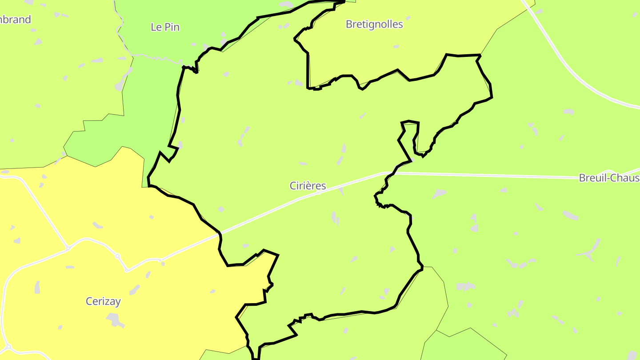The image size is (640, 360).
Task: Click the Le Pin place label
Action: click(x=165, y=27)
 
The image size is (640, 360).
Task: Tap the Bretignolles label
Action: click(x=374, y=24)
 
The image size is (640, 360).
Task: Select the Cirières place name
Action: click(x=308, y=186)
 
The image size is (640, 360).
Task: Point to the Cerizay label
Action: click(x=103, y=301)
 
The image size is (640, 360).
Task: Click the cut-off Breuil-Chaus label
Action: click(x=608, y=178)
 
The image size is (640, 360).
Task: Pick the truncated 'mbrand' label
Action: click(x=16, y=20)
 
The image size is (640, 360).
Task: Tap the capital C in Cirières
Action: click(x=293, y=186)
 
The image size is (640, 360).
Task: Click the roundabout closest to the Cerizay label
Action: click(x=118, y=256)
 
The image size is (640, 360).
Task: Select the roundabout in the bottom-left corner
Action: click(x=8, y=347)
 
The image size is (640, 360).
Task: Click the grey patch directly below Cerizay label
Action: click(x=115, y=319)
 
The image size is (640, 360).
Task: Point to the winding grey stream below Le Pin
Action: click(x=156, y=57)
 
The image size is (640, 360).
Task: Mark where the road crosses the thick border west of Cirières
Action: click(x=220, y=232)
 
